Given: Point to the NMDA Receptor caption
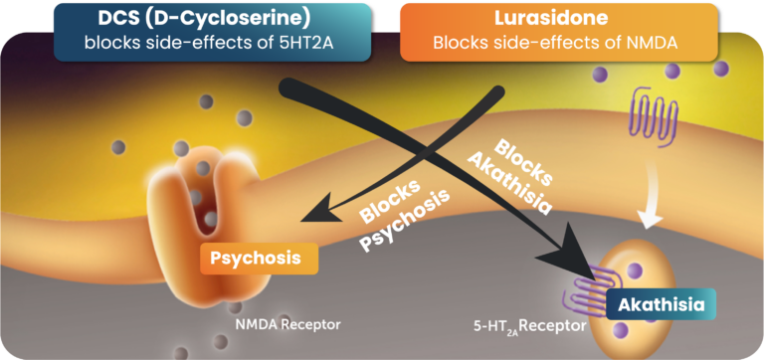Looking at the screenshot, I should (x=287, y=323).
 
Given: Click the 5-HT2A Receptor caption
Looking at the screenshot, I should (x=526, y=324).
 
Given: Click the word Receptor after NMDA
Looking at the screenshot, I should (x=310, y=323).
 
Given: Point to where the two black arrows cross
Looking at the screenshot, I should (x=430, y=149).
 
